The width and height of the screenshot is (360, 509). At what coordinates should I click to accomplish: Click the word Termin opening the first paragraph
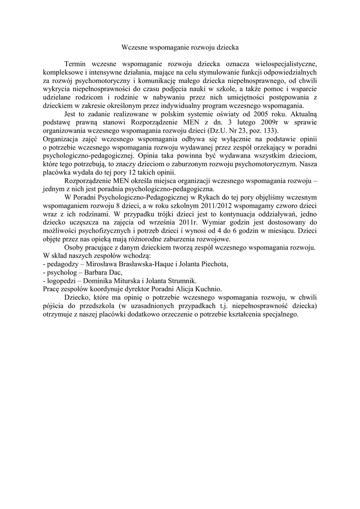(76, 64)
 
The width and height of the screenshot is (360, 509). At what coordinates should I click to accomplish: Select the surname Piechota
(212, 264)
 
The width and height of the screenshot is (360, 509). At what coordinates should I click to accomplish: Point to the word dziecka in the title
(226, 48)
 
